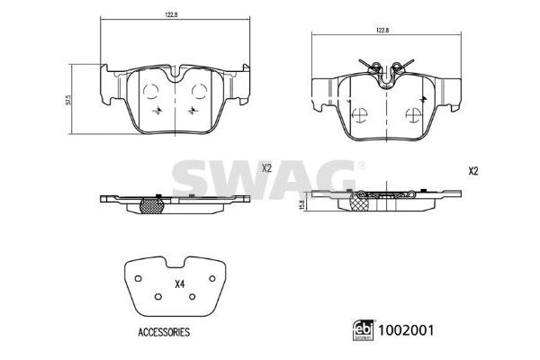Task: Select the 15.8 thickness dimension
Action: click(301, 203)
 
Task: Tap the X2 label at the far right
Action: click(473, 171)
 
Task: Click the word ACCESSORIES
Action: click(164, 331)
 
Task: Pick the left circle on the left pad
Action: click(151, 88)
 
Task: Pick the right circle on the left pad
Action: click(201, 88)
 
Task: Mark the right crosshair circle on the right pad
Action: click(415, 115)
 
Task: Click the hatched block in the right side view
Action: click(361, 205)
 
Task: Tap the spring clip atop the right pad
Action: click(386, 68)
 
